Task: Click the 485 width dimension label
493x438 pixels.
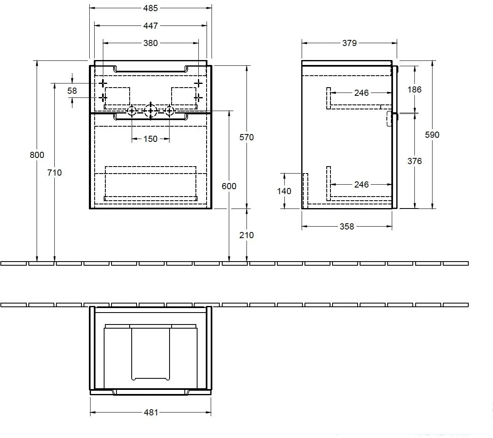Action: click(150, 8)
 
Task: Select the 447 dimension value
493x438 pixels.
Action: click(150, 26)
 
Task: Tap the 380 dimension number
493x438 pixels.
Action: click(150, 43)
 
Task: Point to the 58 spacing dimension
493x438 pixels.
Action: click(72, 91)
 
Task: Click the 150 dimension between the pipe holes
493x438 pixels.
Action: click(150, 139)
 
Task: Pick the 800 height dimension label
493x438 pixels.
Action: click(37, 155)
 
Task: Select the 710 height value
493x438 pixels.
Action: click(54, 172)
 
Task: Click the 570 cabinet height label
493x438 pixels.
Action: click(246, 137)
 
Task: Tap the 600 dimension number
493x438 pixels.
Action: click(229, 186)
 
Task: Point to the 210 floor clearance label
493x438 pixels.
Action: click(246, 235)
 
